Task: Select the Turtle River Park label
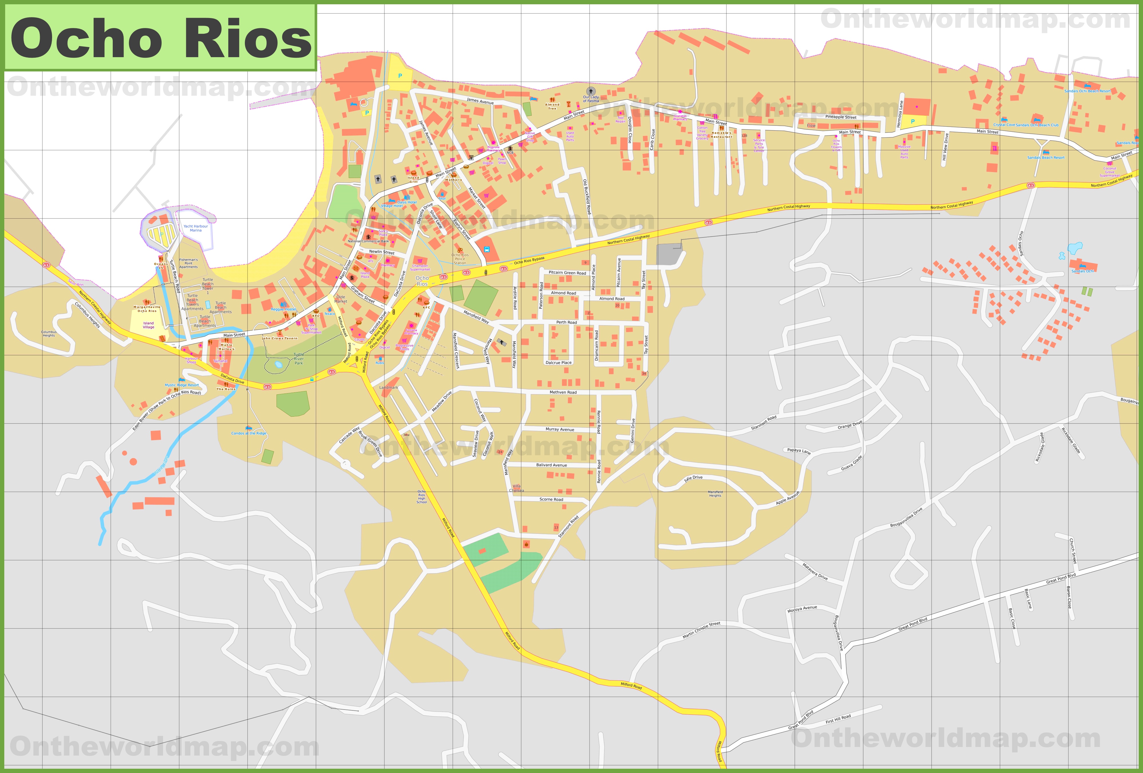(299, 359)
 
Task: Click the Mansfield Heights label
(715, 494)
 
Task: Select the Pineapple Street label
(841, 117)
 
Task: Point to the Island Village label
(148, 325)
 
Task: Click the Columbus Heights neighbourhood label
(49, 334)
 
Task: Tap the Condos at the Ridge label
(249, 434)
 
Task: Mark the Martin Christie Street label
(701, 630)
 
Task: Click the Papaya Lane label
(799, 451)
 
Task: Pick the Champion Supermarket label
(420, 267)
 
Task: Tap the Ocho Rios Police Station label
(460, 259)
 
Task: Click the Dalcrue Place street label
(558, 363)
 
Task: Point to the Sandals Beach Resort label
(1046, 158)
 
